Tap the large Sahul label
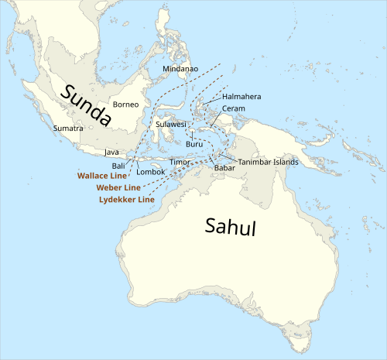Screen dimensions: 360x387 coord(230,226)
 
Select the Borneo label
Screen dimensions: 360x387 coord(125,104)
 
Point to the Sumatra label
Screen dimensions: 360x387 coord(68,128)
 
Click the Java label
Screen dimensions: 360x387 coord(111,153)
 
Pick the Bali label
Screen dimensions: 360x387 coord(118,166)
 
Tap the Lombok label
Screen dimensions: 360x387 coord(151,171)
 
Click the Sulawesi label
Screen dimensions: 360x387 coord(170,124)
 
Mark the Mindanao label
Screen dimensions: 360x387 coord(180,69)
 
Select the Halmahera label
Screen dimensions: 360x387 coord(241,97)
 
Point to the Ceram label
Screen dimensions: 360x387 coord(234,108)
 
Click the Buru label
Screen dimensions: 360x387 coord(194,145)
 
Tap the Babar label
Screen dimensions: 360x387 coord(224,167)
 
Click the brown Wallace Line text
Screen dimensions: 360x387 coord(102,176)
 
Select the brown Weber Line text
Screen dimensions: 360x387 coord(119,187)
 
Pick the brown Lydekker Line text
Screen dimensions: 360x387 coord(127,200)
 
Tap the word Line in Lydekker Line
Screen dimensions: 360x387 coord(146,200)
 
